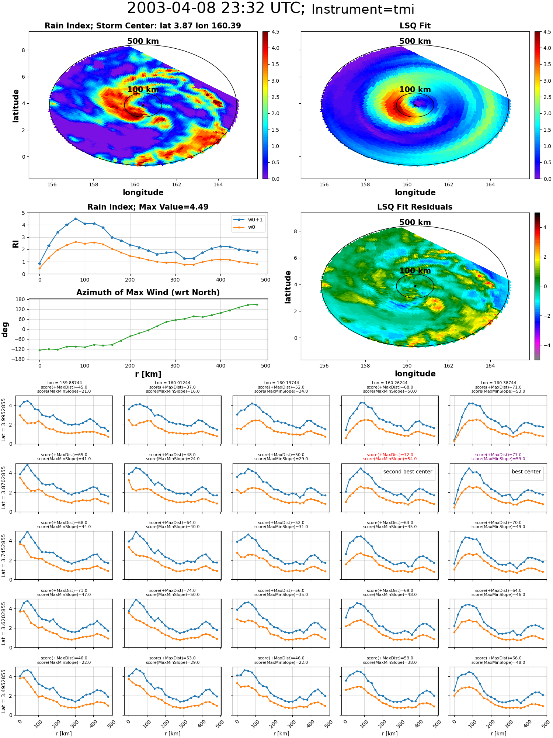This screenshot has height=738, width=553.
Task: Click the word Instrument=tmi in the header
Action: (x=363, y=9)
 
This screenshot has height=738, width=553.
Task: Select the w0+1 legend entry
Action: (x=248, y=220)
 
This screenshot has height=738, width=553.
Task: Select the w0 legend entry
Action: (x=248, y=227)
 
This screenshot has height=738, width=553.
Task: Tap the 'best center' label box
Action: (x=526, y=472)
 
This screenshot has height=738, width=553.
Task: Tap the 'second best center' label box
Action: (x=408, y=472)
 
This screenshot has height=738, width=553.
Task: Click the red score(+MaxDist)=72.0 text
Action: (x=390, y=455)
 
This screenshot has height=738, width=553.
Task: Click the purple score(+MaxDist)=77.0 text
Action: (x=498, y=455)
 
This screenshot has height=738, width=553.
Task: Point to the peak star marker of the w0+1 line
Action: (x=76, y=219)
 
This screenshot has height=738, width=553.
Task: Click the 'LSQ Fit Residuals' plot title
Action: (x=415, y=207)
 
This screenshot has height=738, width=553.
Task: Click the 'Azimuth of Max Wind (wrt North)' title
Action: (x=148, y=293)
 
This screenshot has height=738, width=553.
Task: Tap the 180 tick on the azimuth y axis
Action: (x=21, y=299)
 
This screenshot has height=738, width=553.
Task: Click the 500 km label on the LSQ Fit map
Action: (x=415, y=41)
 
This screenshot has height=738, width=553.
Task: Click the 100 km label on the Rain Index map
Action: (x=143, y=90)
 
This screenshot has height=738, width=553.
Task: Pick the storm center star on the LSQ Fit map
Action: (x=415, y=105)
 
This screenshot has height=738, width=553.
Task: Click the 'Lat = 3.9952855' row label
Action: (x=4, y=420)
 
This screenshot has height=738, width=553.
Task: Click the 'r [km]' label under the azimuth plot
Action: (x=148, y=374)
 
